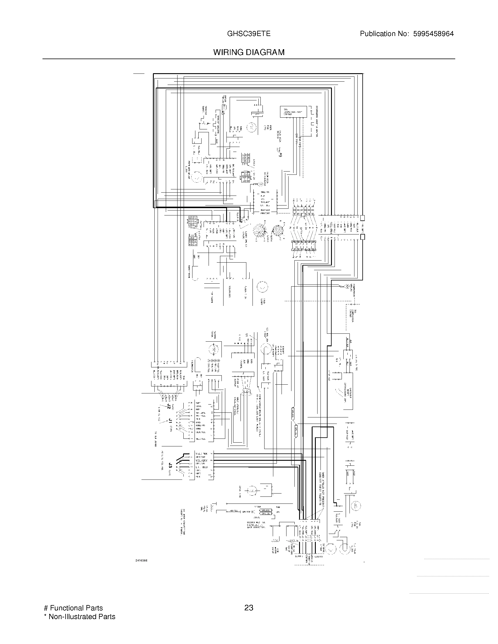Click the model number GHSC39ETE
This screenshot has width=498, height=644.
[x=248, y=34]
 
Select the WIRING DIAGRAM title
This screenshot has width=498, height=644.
[x=249, y=52]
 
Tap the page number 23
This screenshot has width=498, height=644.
[x=249, y=608]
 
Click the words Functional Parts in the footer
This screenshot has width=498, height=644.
[x=76, y=608]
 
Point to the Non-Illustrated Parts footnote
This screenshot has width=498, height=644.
[x=82, y=616]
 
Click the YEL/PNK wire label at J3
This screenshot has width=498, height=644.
[x=202, y=453]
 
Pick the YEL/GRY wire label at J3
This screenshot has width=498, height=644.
[x=202, y=460]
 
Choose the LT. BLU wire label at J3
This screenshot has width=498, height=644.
[x=202, y=467]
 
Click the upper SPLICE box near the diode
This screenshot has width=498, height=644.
[x=265, y=510]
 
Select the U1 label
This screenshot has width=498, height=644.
[x=247, y=335]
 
